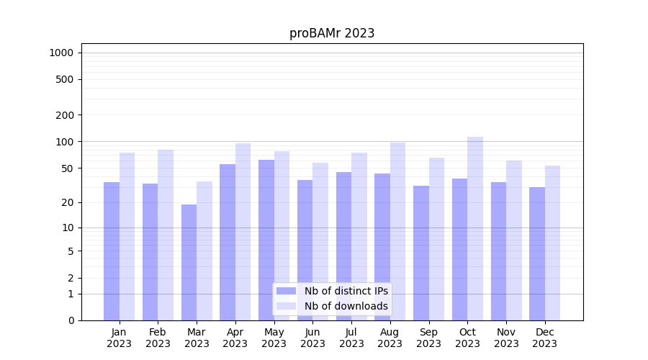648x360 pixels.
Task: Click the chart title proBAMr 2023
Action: [x=332, y=33]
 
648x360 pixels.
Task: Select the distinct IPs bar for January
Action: [x=112, y=251]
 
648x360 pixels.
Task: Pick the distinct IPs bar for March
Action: [x=189, y=262]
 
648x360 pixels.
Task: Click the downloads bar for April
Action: [x=243, y=231]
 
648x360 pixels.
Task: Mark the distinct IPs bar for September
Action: [x=421, y=253]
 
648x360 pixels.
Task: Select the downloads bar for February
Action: [x=166, y=235]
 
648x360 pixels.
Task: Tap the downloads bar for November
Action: [x=514, y=240]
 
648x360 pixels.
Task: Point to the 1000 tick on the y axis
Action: [x=61, y=53]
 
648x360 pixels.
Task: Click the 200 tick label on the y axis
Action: [x=65, y=115]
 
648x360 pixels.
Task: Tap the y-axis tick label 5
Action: [x=71, y=251]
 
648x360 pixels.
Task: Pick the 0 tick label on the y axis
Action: [x=71, y=320]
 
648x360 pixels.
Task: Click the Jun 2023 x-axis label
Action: [x=312, y=338]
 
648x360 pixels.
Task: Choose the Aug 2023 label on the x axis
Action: [x=390, y=338]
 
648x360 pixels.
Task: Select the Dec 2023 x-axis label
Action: [x=545, y=338]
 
